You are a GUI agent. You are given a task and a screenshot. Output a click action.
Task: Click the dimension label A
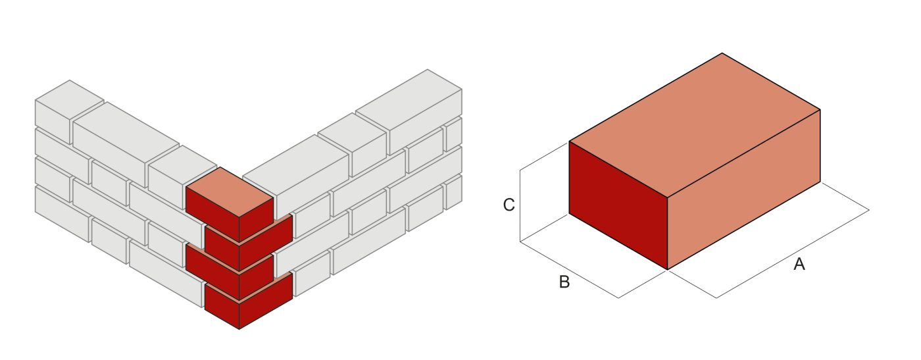[799, 265]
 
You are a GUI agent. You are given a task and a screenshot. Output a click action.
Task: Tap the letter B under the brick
[564, 282]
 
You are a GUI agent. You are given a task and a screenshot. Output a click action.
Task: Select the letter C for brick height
[509, 205]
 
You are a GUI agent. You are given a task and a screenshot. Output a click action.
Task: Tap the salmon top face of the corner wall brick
[230, 192]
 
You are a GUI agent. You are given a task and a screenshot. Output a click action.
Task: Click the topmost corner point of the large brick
[722, 53]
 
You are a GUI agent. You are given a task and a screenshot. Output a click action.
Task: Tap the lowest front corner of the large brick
[668, 269]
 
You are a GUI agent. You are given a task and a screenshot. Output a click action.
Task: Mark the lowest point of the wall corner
[239, 329]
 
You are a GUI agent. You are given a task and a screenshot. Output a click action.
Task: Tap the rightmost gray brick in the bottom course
[453, 192]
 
